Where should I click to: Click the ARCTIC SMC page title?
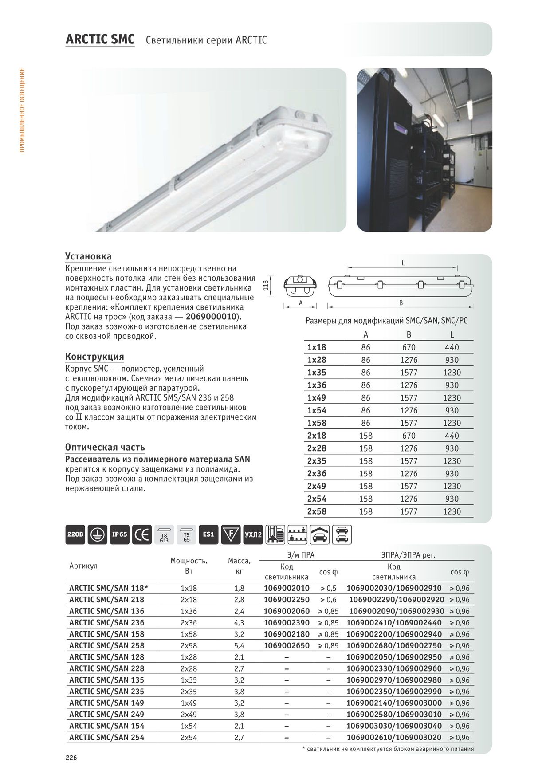tap(100, 40)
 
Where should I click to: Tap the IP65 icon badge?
tap(120, 534)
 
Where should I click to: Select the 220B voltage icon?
tap(75, 534)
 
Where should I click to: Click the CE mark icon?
tap(142, 534)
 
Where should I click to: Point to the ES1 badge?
tap(208, 534)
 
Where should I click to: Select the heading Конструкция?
tap(94, 357)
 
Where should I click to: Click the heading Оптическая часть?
tap(105, 447)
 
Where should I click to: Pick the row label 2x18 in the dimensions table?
tap(317, 436)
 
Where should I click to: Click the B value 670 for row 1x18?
tap(409, 347)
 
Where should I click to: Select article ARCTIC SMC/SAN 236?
tap(107, 623)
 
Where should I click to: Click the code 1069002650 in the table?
tap(287, 646)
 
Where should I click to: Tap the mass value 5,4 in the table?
tap(239, 646)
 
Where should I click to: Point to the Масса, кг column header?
tap(239, 566)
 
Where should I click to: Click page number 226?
tap(71, 758)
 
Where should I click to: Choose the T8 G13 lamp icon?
tap(164, 535)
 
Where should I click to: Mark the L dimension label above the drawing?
tap(403, 263)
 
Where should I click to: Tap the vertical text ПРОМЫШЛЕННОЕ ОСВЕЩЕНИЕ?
tap(23, 110)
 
